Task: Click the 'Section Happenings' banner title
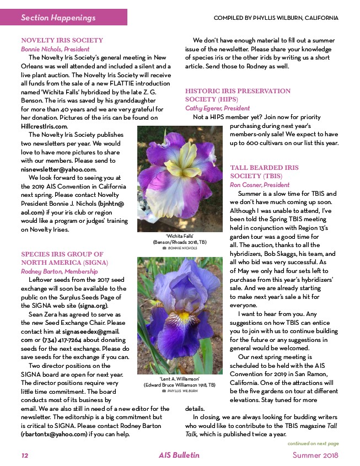58,18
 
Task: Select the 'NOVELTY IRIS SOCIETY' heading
62,40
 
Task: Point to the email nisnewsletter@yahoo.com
58,169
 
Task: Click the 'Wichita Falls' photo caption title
175,235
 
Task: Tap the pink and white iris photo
175,178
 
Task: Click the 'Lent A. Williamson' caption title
176,379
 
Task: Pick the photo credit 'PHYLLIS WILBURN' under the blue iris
181,391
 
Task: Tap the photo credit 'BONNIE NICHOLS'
181,248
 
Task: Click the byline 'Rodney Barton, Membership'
58,271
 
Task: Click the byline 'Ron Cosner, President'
259,185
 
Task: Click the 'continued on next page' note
313,443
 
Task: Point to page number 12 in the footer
25,456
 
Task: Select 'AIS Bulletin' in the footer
179,456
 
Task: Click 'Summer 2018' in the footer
315,456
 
